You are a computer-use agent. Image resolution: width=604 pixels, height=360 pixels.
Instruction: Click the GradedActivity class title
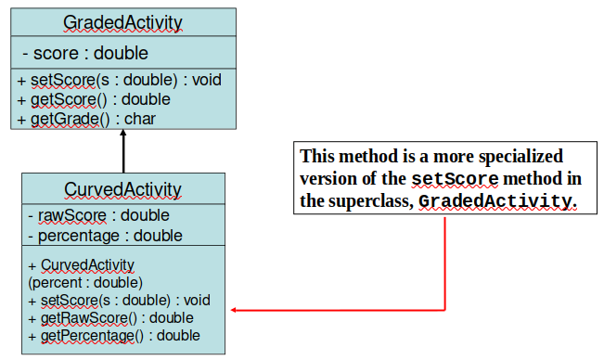[x=122, y=22]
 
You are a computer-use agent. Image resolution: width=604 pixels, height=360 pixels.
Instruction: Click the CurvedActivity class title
[x=122, y=190]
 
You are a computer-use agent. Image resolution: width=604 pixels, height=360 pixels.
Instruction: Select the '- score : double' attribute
[x=84, y=53]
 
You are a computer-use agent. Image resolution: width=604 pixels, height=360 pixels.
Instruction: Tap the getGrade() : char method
[x=86, y=119]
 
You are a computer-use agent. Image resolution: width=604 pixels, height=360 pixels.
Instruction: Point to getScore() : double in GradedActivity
[x=93, y=99]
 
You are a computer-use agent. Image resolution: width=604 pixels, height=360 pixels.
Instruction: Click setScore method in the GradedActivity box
[x=119, y=80]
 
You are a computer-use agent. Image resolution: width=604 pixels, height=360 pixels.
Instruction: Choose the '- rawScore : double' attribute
[x=98, y=216]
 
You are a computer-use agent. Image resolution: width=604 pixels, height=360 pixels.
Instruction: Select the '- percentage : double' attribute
[x=105, y=236]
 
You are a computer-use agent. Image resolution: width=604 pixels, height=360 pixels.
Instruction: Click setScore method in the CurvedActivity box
[x=120, y=300]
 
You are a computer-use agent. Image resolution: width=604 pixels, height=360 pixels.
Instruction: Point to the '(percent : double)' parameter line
[x=85, y=282]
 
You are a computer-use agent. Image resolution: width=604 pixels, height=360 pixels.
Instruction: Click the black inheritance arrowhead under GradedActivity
[x=122, y=134]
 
